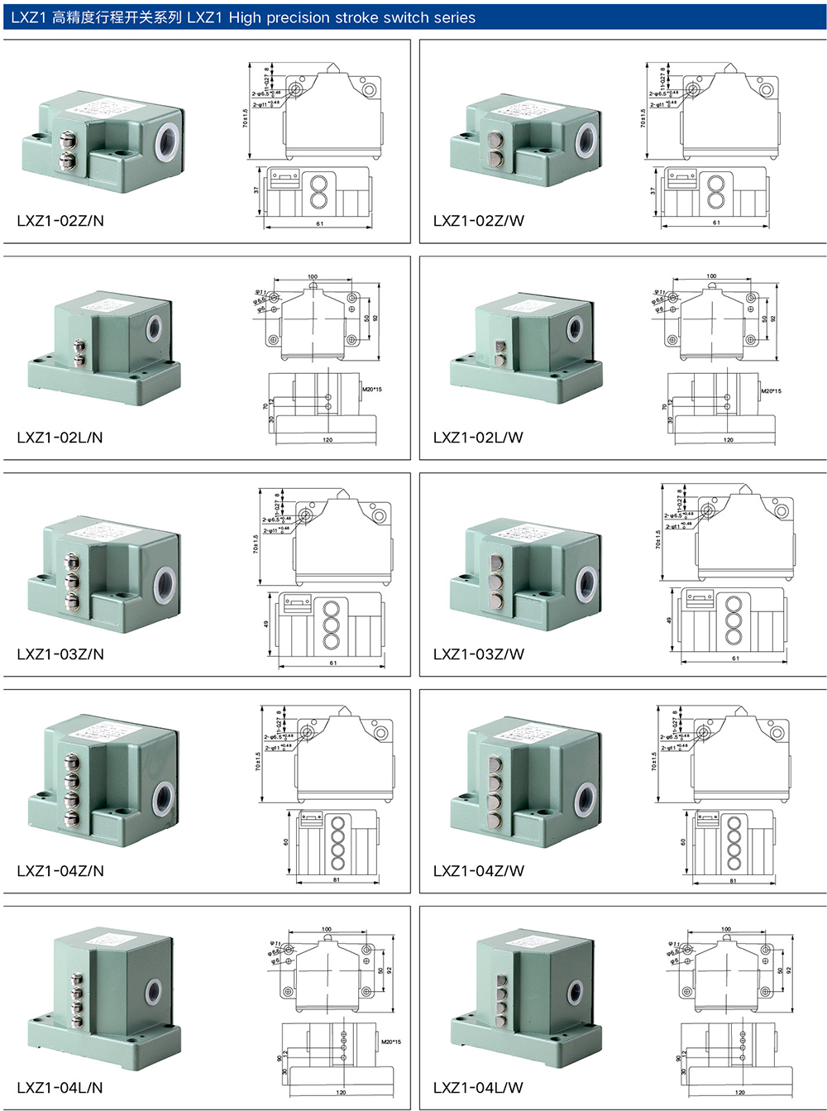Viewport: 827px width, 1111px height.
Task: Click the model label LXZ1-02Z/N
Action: (60, 221)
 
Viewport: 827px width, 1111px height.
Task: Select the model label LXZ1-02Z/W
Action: (478, 221)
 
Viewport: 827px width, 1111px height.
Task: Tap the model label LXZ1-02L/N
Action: (60, 438)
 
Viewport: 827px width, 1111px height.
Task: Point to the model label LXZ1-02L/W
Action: (478, 438)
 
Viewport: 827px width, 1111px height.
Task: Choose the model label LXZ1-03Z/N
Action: (60, 654)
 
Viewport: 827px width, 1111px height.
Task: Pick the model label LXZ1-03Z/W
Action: (478, 654)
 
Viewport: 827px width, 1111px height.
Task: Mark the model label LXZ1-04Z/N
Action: (60, 871)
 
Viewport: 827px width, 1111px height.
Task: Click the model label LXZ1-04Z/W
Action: (478, 871)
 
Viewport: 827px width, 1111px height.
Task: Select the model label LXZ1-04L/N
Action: (60, 1088)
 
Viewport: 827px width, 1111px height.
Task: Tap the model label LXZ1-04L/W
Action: (478, 1088)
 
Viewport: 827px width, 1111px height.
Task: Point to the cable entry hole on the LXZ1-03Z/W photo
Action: (587, 585)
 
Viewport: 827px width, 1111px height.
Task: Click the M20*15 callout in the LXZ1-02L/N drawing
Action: (371, 389)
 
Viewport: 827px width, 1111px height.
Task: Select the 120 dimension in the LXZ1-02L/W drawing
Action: (728, 440)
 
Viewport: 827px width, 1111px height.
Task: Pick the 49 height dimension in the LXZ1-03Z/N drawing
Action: (266, 625)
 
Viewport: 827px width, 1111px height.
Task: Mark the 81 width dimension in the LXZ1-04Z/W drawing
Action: (733, 881)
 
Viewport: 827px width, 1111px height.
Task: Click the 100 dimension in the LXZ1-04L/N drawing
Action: (327, 929)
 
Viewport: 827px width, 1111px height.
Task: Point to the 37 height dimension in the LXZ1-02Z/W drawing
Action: (653, 190)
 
